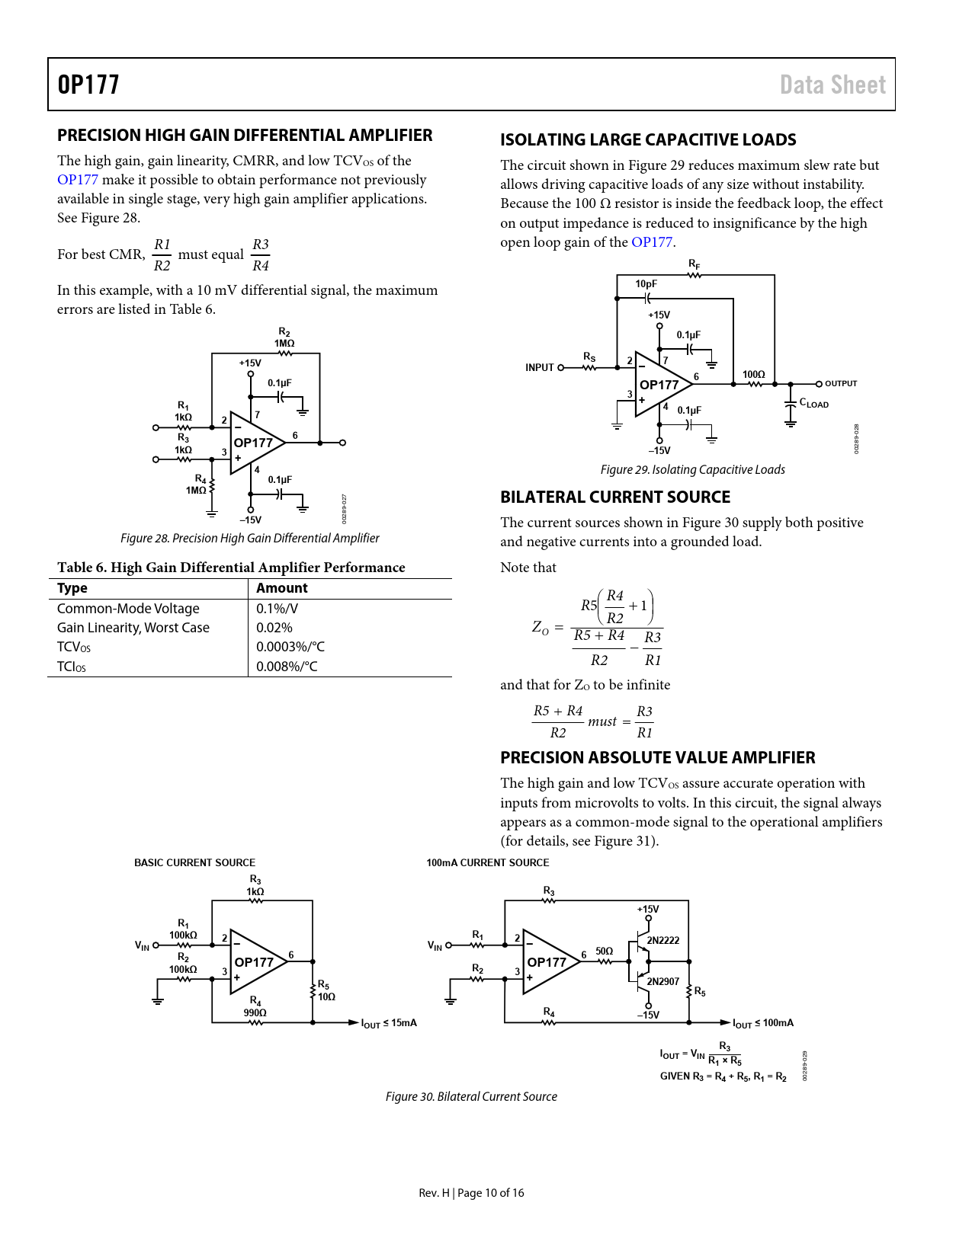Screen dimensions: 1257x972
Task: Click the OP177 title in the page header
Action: [x=88, y=85]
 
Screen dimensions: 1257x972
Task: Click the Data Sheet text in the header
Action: [x=832, y=85]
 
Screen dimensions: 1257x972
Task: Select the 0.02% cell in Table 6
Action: [x=274, y=628]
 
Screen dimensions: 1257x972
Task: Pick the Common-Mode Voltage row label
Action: [x=128, y=609]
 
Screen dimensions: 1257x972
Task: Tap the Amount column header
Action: [x=282, y=588]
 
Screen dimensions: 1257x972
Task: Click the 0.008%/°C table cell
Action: [x=287, y=667]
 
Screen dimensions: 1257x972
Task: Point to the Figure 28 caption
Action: [x=249, y=538]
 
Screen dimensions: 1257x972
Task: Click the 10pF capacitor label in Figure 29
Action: [x=646, y=284]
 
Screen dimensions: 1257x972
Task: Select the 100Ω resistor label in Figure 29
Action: [x=753, y=374]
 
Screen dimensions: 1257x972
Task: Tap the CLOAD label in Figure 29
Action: [x=813, y=403]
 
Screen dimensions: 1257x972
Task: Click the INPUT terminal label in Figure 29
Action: [x=539, y=368]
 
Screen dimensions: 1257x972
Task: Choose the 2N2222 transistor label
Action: [x=662, y=941]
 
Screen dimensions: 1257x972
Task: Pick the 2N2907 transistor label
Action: [x=662, y=981]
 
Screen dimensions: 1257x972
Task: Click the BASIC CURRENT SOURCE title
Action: [x=194, y=863]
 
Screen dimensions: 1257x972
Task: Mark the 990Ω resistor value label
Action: [x=255, y=1013]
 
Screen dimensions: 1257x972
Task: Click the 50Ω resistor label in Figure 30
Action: [x=604, y=952]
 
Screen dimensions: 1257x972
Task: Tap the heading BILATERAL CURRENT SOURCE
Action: [x=614, y=497]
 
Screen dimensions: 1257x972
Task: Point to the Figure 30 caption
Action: [x=471, y=1097]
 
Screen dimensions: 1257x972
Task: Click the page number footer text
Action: [x=471, y=1193]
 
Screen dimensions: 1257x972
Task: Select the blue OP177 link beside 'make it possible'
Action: [x=78, y=180]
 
